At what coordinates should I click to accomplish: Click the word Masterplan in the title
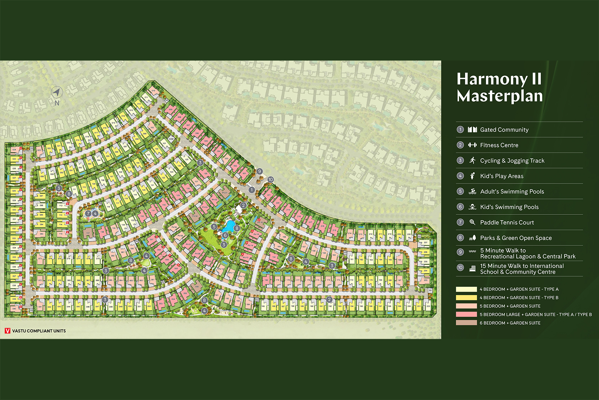coord(499,96)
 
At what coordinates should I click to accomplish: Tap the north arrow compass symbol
coord(56,93)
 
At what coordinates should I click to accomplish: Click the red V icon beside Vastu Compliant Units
coord(8,331)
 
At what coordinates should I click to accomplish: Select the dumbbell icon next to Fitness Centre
coord(472,145)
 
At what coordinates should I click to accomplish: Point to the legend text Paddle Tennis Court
coord(507,223)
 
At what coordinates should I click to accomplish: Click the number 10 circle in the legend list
coord(460,267)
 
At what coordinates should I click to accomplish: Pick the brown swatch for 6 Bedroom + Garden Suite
coord(466,323)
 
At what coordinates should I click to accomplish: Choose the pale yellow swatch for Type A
coord(466,289)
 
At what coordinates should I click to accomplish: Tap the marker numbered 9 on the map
coord(259,172)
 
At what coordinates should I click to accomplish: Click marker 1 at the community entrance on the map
coord(251,190)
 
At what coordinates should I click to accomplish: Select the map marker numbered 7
coord(88,214)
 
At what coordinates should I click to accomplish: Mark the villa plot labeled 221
coord(268,195)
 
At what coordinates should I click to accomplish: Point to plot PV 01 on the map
coord(225,193)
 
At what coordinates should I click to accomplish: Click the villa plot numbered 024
coord(14,150)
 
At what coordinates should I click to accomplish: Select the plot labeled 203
coord(425,280)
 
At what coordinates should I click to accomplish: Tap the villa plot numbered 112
coord(61,206)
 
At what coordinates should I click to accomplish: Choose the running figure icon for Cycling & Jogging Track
coord(472,161)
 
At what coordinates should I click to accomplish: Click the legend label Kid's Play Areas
coord(502,176)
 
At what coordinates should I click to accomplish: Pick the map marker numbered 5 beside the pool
coord(214,227)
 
